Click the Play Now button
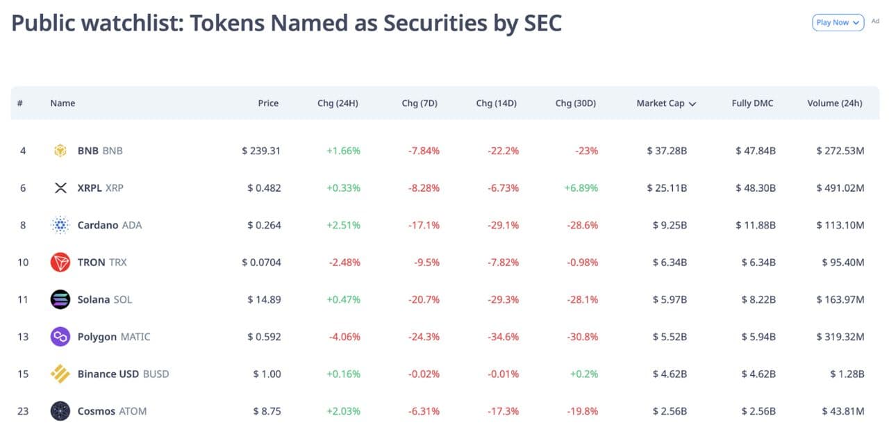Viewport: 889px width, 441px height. tap(838, 22)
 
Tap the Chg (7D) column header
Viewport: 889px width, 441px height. tap(419, 103)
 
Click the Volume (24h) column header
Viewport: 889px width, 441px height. tap(834, 103)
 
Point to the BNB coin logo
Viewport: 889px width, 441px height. tap(60, 151)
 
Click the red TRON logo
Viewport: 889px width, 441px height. tap(60, 263)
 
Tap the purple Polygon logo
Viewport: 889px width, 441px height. tap(60, 337)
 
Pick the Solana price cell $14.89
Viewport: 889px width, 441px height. tap(264, 299)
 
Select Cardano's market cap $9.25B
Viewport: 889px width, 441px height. tap(670, 225)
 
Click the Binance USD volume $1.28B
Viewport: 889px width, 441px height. tap(847, 374)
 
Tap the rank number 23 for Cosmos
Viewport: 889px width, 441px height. tap(23, 411)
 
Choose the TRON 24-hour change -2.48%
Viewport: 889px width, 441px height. tap(344, 263)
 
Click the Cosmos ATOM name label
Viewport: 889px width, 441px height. tap(112, 411)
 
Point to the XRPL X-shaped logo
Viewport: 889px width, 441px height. tap(60, 188)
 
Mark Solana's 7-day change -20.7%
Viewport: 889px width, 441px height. tap(423, 299)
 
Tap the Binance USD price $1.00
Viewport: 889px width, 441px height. tap(267, 374)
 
